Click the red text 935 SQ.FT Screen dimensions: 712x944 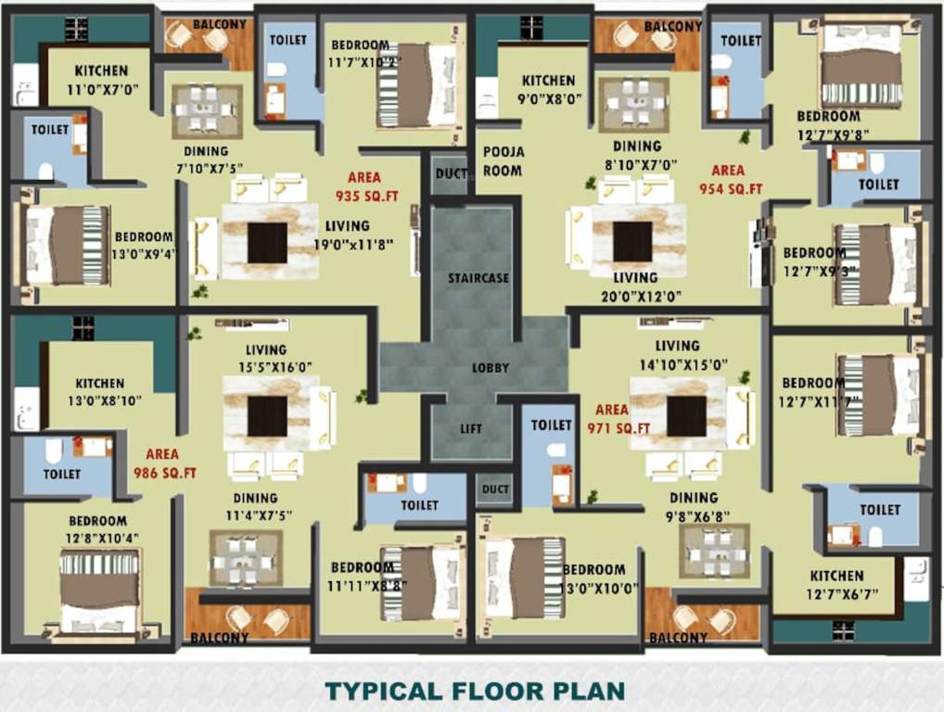click(x=364, y=196)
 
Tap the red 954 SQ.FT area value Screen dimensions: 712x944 click(x=730, y=188)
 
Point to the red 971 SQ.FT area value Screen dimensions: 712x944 click(x=619, y=427)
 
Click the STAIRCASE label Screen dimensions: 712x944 click(x=478, y=278)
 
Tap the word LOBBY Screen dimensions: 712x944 click(x=491, y=367)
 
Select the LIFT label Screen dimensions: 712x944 click(x=472, y=428)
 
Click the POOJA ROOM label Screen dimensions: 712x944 click(x=503, y=161)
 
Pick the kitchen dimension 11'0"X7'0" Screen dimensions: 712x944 click(x=101, y=91)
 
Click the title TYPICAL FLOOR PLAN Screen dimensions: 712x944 click(x=474, y=691)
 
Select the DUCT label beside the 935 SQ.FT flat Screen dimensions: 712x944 click(x=450, y=173)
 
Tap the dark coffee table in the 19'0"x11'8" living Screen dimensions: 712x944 click(x=267, y=242)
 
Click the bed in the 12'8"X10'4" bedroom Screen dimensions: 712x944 click(x=99, y=590)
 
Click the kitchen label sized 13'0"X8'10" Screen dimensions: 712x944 click(x=99, y=383)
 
